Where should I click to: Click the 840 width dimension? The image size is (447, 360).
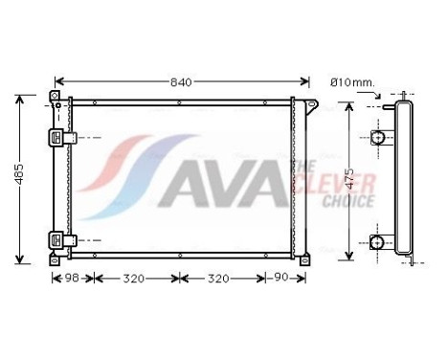[x=181, y=81]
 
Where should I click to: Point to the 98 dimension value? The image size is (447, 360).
[x=72, y=280]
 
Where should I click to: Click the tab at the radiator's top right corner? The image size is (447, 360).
[x=307, y=102]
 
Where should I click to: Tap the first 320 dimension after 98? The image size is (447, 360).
[x=136, y=280]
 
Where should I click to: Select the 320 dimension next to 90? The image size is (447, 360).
[x=223, y=280]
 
